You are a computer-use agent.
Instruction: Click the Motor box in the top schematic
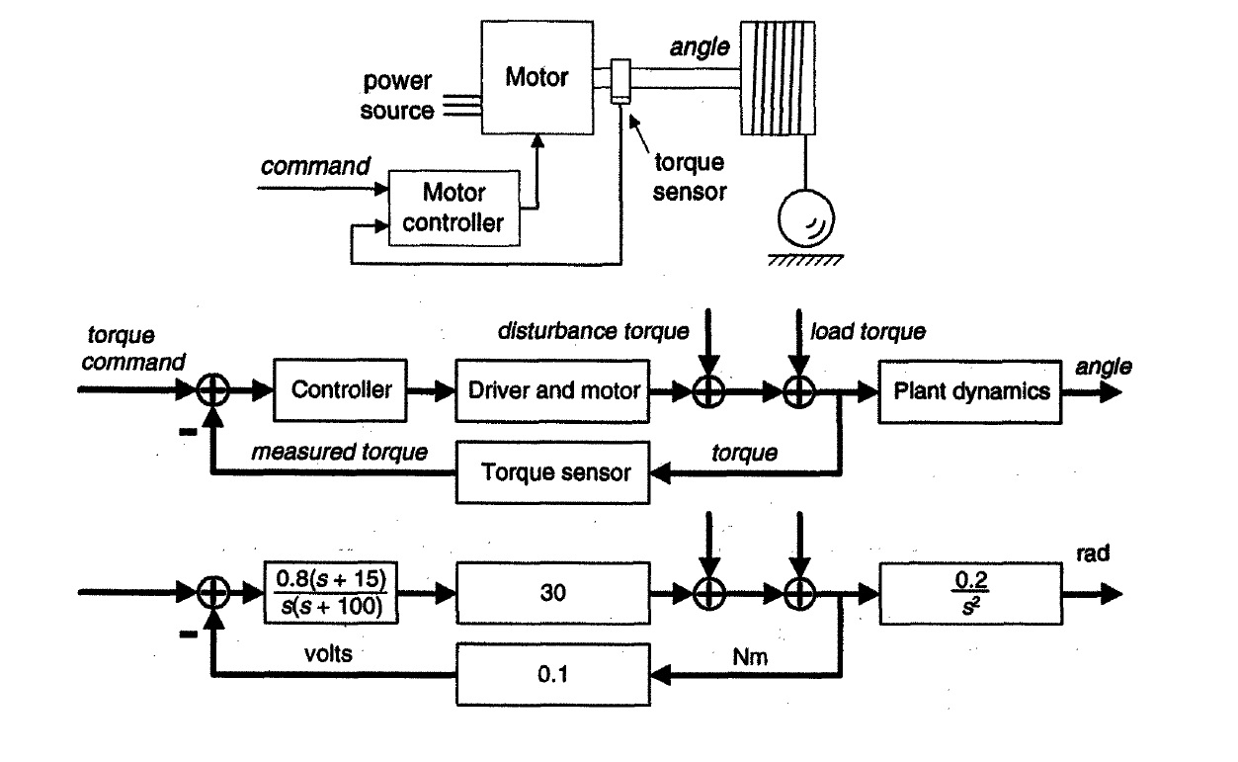[x=536, y=77]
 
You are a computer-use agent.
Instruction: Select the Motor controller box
[x=454, y=206]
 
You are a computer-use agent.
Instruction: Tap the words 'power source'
[x=397, y=96]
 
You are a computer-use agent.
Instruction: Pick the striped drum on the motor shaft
[x=779, y=77]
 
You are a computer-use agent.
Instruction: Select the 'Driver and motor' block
[x=553, y=390]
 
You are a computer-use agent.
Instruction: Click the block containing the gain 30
[x=553, y=595]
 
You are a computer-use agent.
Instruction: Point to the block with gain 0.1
[x=553, y=673]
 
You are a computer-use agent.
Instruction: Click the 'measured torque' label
[x=339, y=453]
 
